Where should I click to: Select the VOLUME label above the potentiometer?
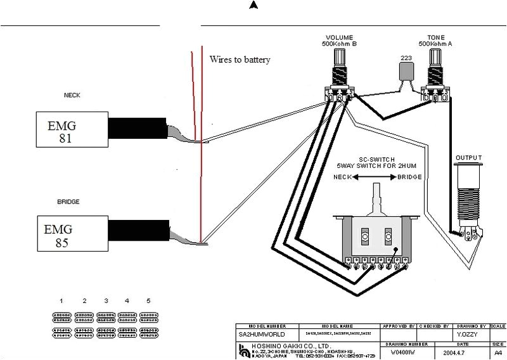tap(339, 37)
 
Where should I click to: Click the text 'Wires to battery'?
tap(240, 60)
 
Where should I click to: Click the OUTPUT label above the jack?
tap(469, 158)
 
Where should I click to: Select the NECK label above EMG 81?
tap(72, 96)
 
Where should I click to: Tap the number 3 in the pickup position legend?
tap(106, 300)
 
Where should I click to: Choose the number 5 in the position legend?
tap(148, 300)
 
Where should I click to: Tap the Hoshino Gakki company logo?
tap(246, 349)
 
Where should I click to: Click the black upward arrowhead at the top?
tap(253, 6)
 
